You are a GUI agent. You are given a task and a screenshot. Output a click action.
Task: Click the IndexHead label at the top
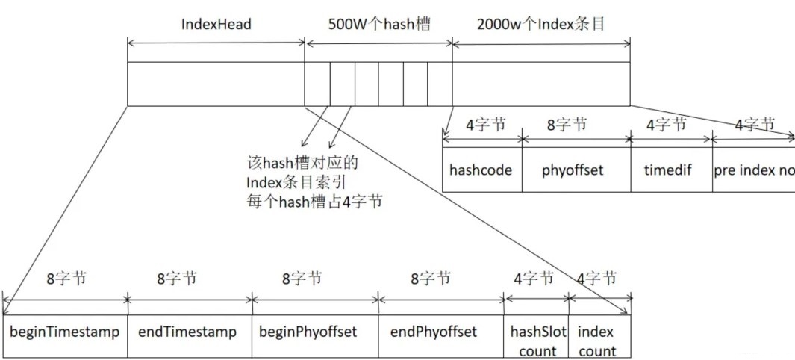coord(216,24)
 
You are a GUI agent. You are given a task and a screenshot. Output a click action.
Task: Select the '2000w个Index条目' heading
coord(540,24)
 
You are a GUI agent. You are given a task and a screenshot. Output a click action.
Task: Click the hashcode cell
coord(481,170)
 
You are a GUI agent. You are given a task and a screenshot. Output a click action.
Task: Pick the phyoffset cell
coord(573,170)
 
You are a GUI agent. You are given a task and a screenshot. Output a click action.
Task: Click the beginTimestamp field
coord(64,332)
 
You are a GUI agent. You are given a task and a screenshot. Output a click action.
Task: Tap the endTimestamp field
coord(187,332)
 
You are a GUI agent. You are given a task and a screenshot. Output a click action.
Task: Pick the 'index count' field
coord(597,340)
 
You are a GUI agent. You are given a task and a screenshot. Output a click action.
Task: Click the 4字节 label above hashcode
coord(486,125)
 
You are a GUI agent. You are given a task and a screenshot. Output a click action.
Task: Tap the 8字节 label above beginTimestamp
coord(66,279)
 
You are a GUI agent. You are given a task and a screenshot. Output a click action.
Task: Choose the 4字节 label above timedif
coord(666,125)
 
